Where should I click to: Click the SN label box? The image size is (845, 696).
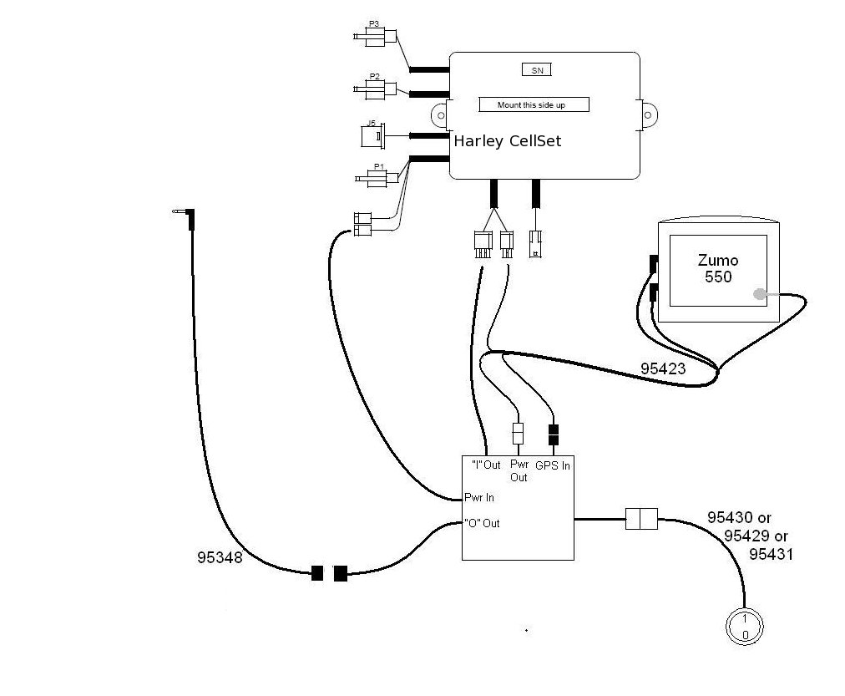pyautogui.click(x=537, y=70)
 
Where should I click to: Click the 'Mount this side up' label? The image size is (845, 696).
pyautogui.click(x=534, y=104)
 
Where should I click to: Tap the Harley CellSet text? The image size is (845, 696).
pyautogui.click(x=507, y=141)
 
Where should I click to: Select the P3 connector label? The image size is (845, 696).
pyautogui.click(x=373, y=23)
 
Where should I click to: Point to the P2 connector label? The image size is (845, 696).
pyautogui.click(x=375, y=76)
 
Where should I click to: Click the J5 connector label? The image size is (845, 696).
pyautogui.click(x=371, y=123)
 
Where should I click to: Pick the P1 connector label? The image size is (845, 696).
pyautogui.click(x=379, y=166)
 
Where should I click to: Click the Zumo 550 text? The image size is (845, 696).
pyautogui.click(x=718, y=268)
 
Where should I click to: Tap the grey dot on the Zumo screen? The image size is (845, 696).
pyautogui.click(x=759, y=294)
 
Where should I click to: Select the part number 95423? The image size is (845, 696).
pyautogui.click(x=663, y=368)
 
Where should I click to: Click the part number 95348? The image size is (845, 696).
pyautogui.click(x=220, y=557)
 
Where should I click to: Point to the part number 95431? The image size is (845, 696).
pyautogui.click(x=772, y=554)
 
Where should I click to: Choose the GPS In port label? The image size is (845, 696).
pyautogui.click(x=553, y=465)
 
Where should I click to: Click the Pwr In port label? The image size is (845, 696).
pyautogui.click(x=479, y=497)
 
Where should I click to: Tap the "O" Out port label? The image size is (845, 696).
pyautogui.click(x=482, y=523)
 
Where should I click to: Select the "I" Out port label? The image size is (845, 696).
pyautogui.click(x=486, y=465)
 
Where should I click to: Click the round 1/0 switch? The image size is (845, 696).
pyautogui.click(x=745, y=627)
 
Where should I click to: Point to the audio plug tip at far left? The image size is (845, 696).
pyautogui.click(x=174, y=211)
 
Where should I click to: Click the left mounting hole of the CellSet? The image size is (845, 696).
pyautogui.click(x=441, y=115)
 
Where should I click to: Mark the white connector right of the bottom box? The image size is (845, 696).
pyautogui.click(x=641, y=519)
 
